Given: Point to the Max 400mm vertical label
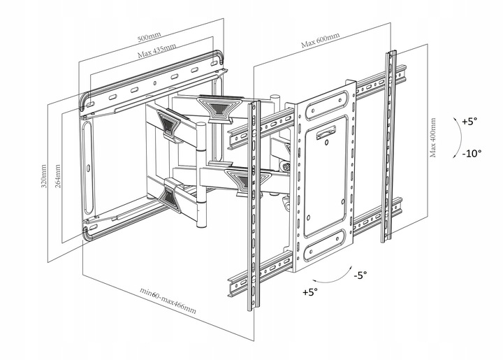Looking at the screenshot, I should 434,138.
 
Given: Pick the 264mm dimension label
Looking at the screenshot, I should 57,176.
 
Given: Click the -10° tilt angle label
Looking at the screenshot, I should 469,153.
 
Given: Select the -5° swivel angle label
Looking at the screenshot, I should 359,275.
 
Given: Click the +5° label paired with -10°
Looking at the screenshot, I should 469,121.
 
